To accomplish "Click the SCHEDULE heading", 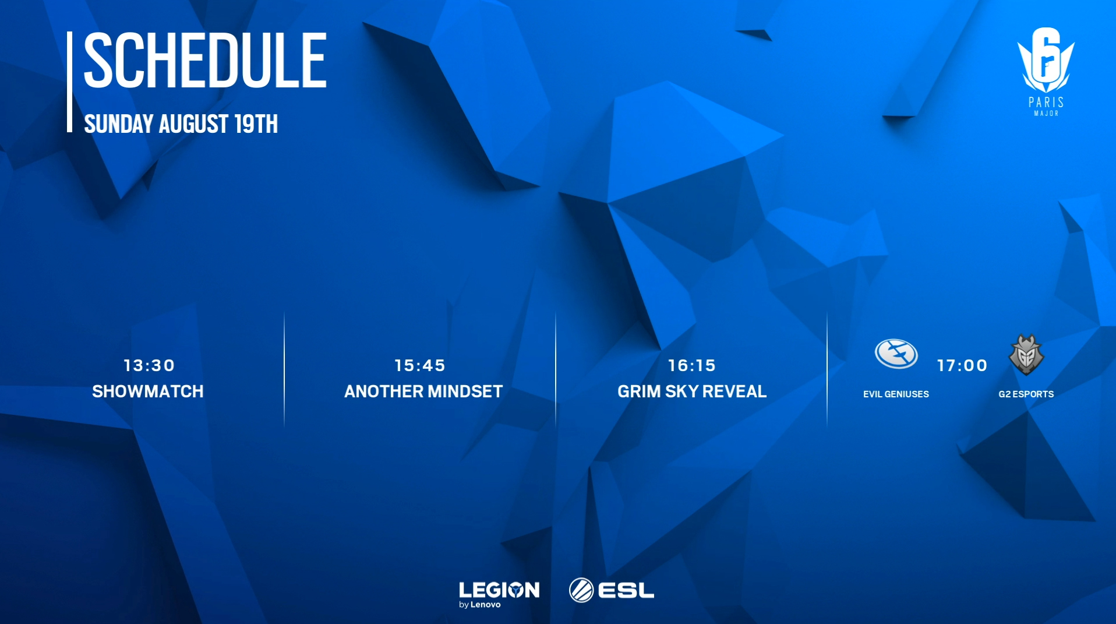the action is pyautogui.click(x=206, y=60).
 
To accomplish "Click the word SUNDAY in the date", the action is pyautogui.click(x=119, y=124).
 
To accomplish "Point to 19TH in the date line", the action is pyautogui.click(x=256, y=124).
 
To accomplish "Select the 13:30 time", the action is pyautogui.click(x=149, y=365).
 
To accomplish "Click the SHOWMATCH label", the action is pyautogui.click(x=148, y=391).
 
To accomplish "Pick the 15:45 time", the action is pyautogui.click(x=420, y=365).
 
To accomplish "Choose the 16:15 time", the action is pyautogui.click(x=692, y=365).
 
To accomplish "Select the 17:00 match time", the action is pyautogui.click(x=962, y=365).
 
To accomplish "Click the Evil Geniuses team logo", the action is pyautogui.click(x=896, y=354).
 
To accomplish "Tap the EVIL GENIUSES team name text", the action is pyautogui.click(x=896, y=394).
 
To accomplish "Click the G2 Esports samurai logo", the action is pyautogui.click(x=1026, y=355).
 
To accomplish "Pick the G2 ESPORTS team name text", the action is pyautogui.click(x=1026, y=394).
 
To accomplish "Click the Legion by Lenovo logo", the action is pyautogui.click(x=499, y=594).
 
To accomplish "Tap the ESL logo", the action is pyautogui.click(x=612, y=590).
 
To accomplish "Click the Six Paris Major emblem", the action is pyautogui.click(x=1046, y=71).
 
